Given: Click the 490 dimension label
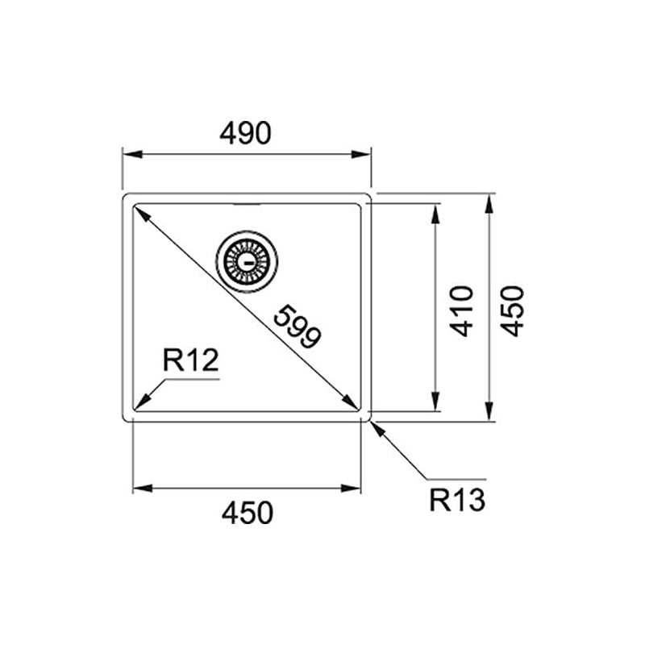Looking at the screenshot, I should [x=245, y=133].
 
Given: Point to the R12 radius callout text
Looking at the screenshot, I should [x=190, y=360].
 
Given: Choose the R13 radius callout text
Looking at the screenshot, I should [x=456, y=501].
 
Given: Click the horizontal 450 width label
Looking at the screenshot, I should [x=247, y=513].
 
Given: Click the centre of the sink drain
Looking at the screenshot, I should [x=247, y=260].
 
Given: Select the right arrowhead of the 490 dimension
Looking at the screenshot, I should [x=364, y=154].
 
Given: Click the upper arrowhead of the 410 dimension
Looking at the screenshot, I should [x=435, y=211].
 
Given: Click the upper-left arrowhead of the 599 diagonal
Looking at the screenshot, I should [x=139, y=212].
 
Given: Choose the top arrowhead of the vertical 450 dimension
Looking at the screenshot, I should [x=489, y=202].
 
